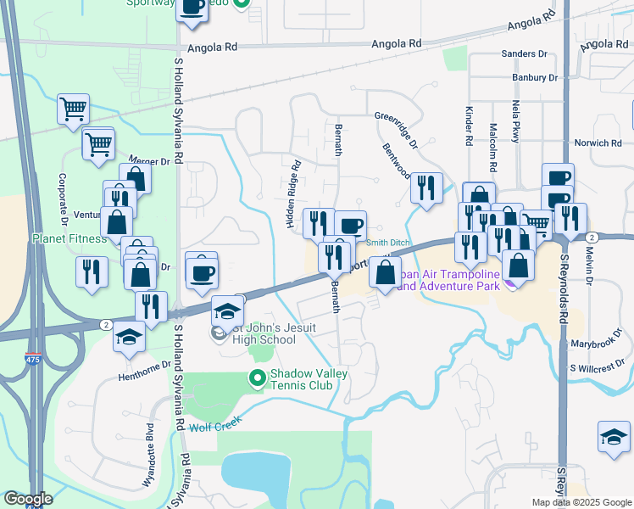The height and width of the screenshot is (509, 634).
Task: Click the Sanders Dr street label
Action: (x=524, y=54)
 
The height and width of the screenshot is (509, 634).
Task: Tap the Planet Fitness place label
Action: (x=70, y=238)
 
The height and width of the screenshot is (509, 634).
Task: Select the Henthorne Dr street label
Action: (x=145, y=364)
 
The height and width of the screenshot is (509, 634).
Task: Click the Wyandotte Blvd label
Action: (x=149, y=455)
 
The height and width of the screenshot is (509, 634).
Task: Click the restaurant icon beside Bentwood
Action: (x=426, y=187)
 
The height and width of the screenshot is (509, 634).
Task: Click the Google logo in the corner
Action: (x=28, y=499)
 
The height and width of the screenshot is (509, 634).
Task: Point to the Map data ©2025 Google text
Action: (x=581, y=502)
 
